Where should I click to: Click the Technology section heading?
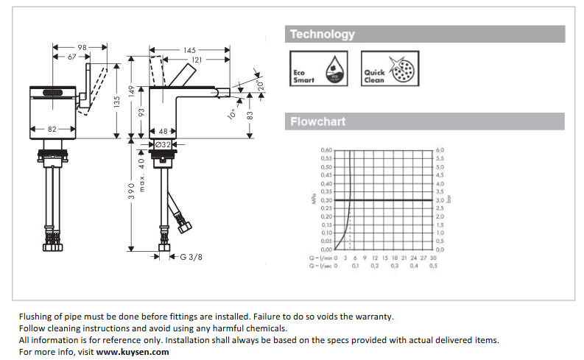click(x=322, y=34)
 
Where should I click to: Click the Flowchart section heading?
click(x=317, y=121)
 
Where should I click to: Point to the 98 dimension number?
click(x=81, y=48)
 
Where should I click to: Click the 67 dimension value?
click(x=72, y=57)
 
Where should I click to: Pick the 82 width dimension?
click(x=53, y=129)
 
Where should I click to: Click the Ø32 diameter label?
click(x=163, y=144)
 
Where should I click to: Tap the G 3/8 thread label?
click(x=191, y=256)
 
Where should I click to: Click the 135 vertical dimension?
click(x=116, y=103)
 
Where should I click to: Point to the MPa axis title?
click(x=313, y=200)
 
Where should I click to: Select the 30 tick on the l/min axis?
click(x=433, y=258)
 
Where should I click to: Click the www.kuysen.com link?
click(x=133, y=351)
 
